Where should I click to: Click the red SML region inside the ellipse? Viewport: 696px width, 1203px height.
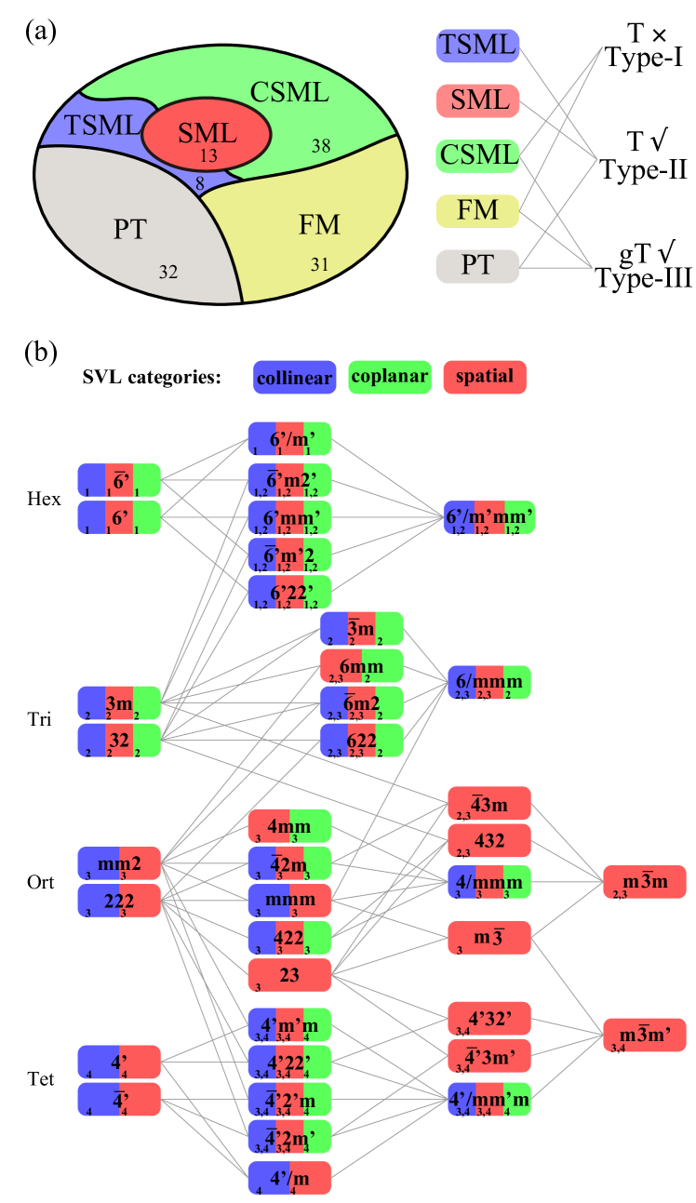[207, 134]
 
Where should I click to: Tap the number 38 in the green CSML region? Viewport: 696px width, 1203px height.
[320, 146]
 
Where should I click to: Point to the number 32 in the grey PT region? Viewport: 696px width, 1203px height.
[167, 273]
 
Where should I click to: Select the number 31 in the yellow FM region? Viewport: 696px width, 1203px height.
[319, 265]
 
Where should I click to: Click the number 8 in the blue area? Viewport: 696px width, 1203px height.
[200, 185]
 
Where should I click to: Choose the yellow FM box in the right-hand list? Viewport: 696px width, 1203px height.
[477, 211]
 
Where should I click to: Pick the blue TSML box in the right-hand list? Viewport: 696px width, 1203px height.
[477, 45]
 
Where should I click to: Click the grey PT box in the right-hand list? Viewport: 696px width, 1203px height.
[477, 266]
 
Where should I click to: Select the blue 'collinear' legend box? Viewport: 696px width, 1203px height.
[294, 378]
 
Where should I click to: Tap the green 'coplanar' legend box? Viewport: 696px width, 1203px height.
[389, 378]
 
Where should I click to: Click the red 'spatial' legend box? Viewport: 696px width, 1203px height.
[485, 378]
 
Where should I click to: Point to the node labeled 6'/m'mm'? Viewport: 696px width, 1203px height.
[489, 516]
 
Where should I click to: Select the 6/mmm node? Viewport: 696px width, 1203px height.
[489, 682]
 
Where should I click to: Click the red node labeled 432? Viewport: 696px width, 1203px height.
[489, 840]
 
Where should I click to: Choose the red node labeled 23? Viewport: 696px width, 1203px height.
[289, 974]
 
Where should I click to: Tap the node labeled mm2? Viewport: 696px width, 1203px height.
[119, 863]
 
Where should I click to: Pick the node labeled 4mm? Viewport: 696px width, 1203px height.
[289, 825]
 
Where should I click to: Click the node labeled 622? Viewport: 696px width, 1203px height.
[362, 740]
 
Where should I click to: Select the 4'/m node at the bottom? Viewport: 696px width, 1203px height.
[289, 1177]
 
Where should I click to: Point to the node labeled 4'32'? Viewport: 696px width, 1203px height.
[489, 1019]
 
